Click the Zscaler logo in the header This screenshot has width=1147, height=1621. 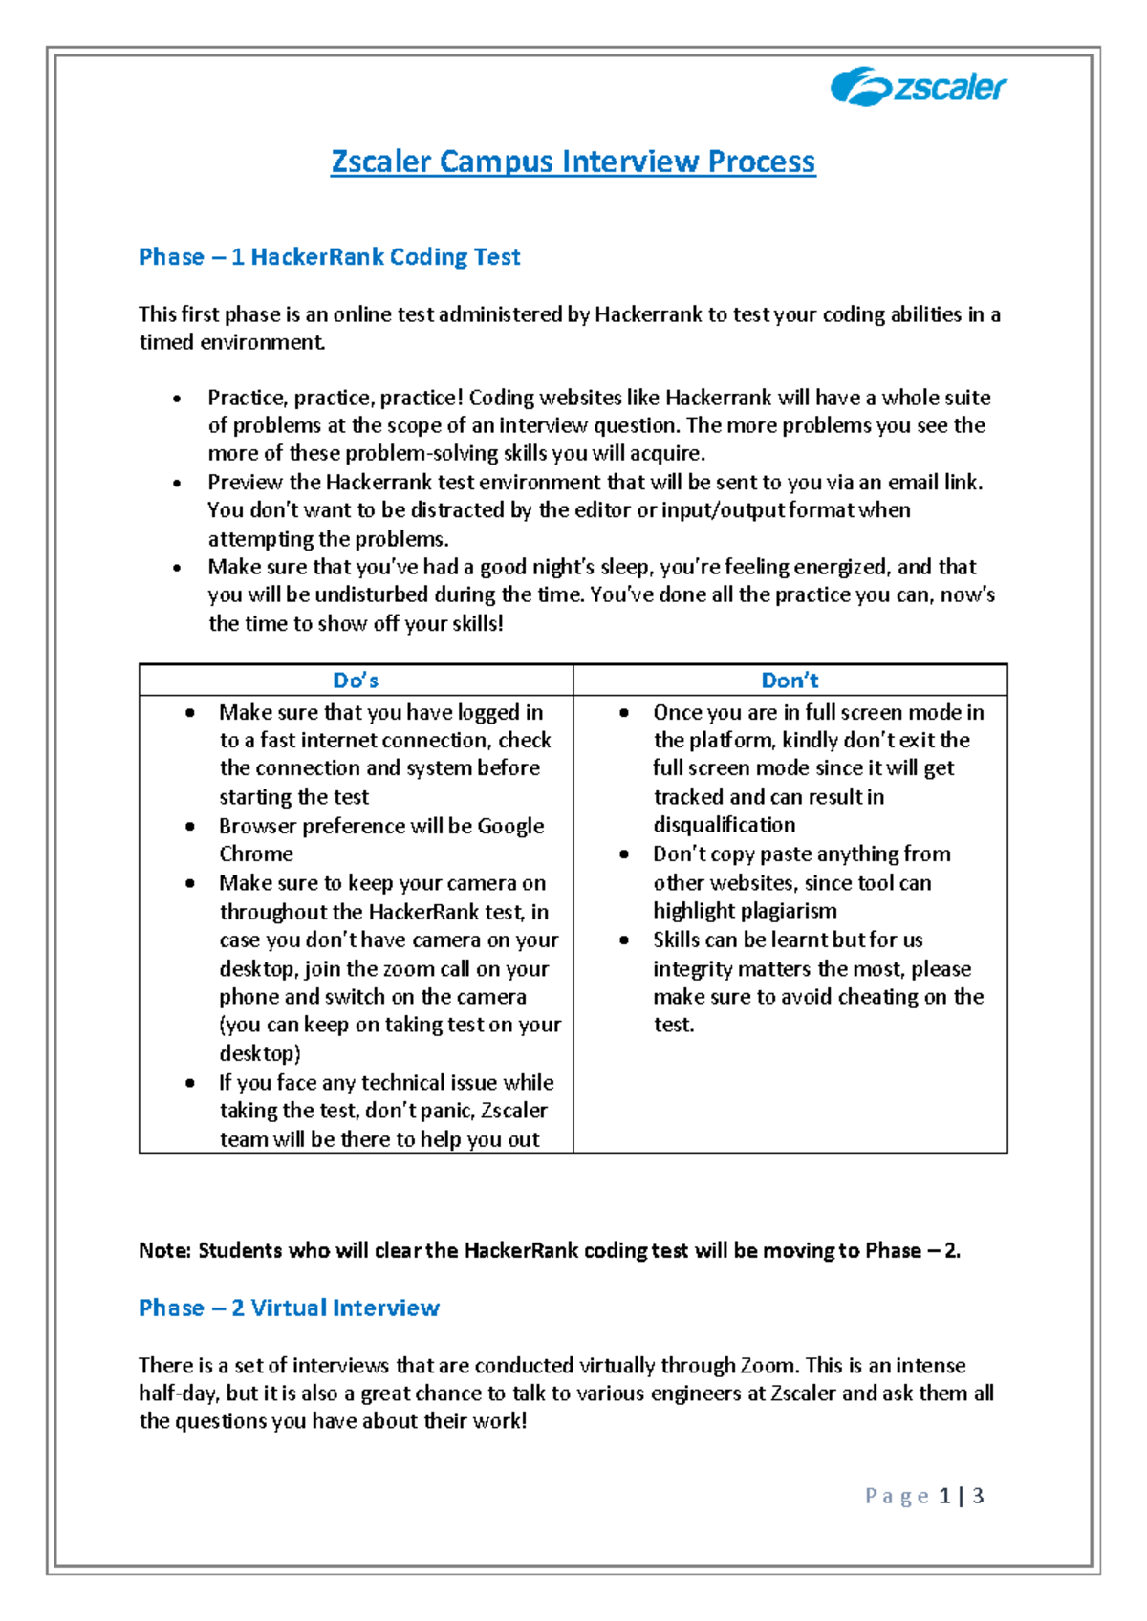click(x=918, y=87)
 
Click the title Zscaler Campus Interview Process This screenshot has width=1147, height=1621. click(x=573, y=162)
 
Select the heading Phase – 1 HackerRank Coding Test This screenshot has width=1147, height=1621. click(x=329, y=257)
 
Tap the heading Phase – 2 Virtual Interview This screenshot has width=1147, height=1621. click(x=289, y=1308)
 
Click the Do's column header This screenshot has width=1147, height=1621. click(x=356, y=681)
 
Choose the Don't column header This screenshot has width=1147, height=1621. click(x=790, y=681)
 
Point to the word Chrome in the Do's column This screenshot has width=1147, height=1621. click(x=256, y=854)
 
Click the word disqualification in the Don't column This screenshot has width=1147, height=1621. click(x=724, y=825)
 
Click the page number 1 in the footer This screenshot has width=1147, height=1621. click(x=944, y=1496)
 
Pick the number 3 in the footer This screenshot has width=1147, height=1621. click(x=978, y=1496)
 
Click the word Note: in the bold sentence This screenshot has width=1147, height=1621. click(x=165, y=1251)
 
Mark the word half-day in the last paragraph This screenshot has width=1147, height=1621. click(x=179, y=1394)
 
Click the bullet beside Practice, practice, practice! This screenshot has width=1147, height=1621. click(x=177, y=399)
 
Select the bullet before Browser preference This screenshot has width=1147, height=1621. click(x=190, y=827)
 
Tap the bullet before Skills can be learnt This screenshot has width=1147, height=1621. click(x=624, y=940)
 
